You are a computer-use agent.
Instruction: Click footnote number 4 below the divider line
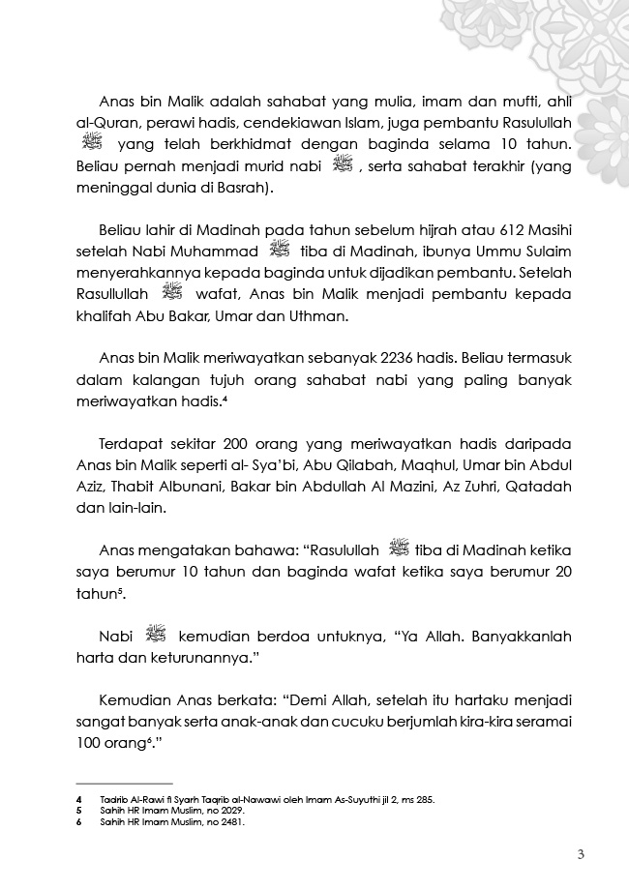coord(77,799)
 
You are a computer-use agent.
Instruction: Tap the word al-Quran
coord(105,124)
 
